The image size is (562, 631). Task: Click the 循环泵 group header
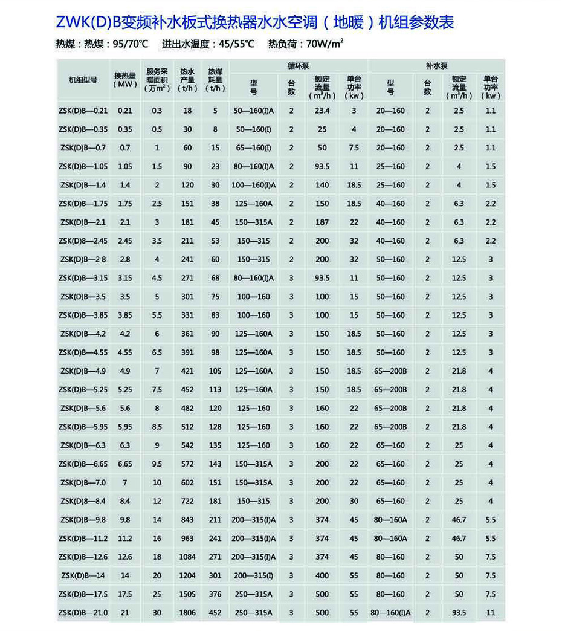coord(299,65)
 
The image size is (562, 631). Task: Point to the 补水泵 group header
coord(436,65)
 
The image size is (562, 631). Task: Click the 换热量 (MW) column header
coord(125,80)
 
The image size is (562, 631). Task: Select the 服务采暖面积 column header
coord(157,80)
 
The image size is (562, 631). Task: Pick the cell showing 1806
coord(187,613)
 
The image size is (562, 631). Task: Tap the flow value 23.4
coord(322,111)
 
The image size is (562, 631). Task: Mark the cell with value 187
coord(322,222)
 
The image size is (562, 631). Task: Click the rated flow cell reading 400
coord(322,575)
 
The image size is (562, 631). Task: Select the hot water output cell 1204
coord(187,575)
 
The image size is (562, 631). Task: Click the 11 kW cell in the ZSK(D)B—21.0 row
coord(491,613)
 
